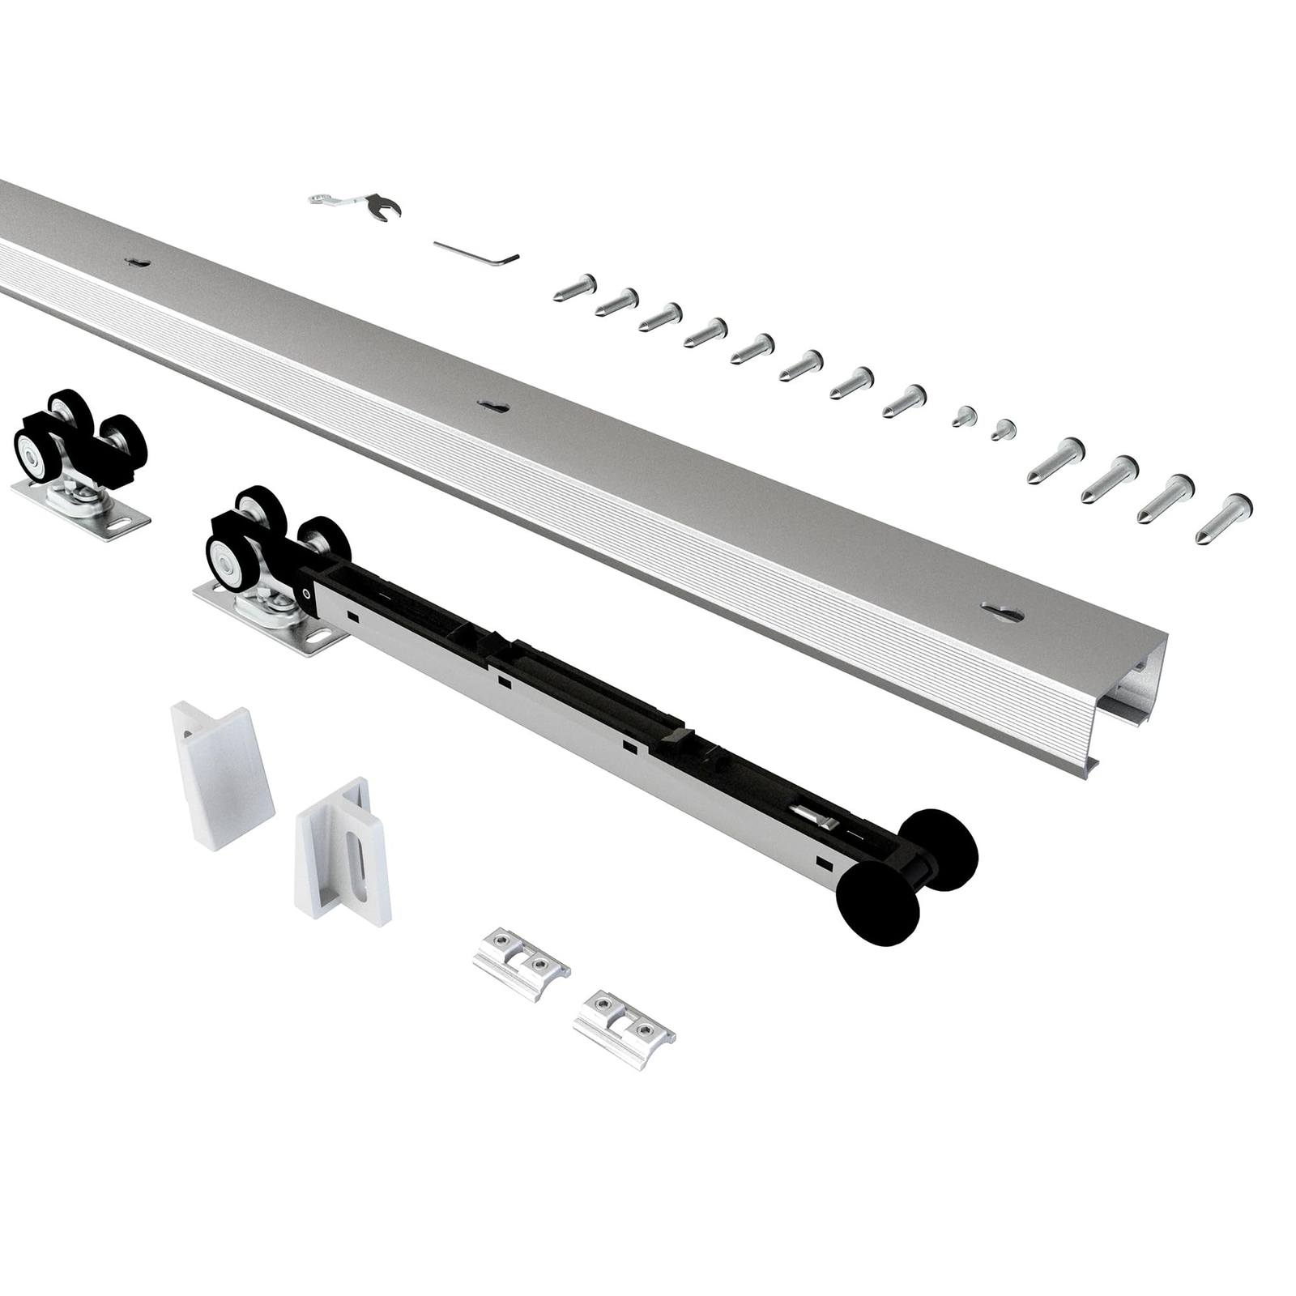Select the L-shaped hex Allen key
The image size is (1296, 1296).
pos(478,253)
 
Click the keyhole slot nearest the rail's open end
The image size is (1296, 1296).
pos(1002,612)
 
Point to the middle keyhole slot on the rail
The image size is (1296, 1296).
pos(492,406)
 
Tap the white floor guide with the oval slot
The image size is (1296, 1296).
pos(344,850)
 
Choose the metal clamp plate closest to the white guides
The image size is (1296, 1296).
pos(522,964)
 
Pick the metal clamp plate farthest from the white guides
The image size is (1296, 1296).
pos(624,1029)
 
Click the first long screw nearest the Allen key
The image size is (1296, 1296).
pos(576,288)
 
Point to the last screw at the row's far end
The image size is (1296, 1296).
pos(1223,518)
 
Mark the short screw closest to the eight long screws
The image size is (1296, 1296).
pos(963,416)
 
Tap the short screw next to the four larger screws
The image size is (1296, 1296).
pos(1003,429)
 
